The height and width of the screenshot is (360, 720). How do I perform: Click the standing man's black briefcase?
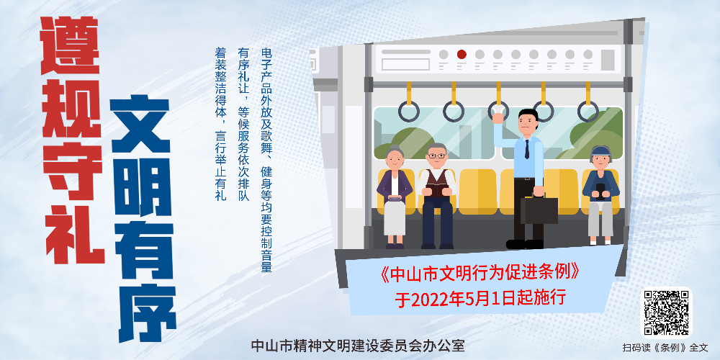tap(539, 210)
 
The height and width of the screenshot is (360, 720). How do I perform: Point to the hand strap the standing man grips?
tap(498, 109)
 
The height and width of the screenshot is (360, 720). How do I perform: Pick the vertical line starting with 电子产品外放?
tap(266, 160)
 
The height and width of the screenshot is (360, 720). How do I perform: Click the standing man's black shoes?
tap(526, 243)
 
